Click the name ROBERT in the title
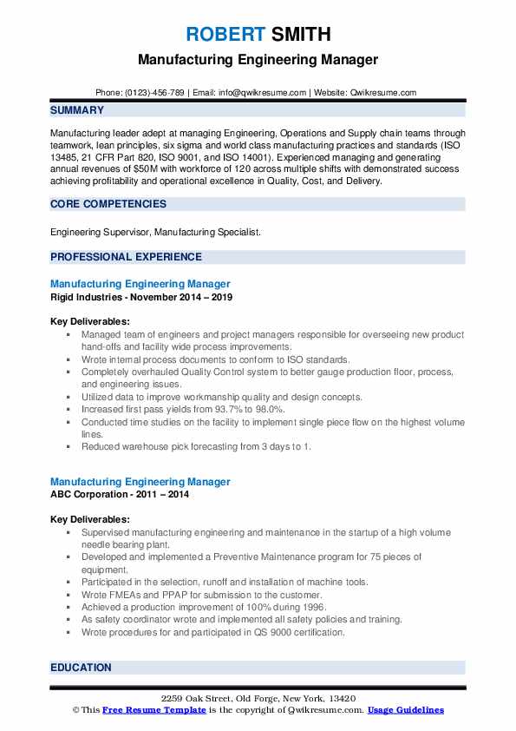pos(223,35)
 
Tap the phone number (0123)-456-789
pos(157,93)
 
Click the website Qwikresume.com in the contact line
pos(383,93)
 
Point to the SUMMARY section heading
pos(77,110)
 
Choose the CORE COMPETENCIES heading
pos(108,204)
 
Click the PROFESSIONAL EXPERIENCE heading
pos(126,257)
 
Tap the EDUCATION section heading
pos(81,668)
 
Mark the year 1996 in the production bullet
pos(313,607)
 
